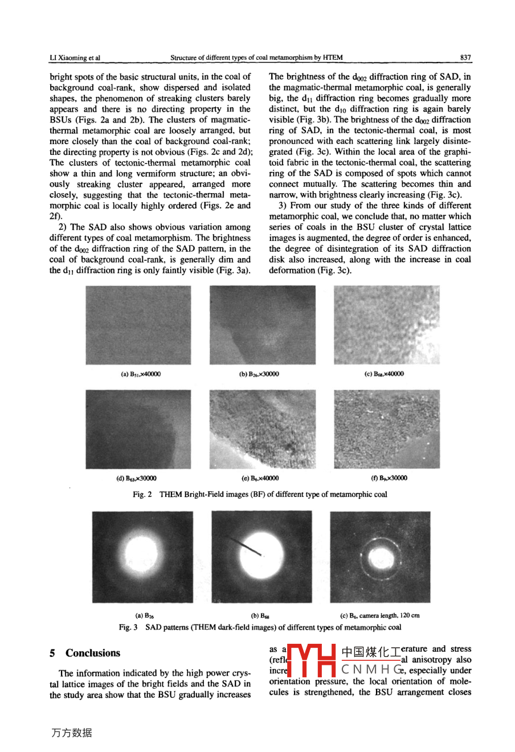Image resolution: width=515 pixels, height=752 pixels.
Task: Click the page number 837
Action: pos(465,58)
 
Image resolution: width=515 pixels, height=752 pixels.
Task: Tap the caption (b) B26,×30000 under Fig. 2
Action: pos(259,374)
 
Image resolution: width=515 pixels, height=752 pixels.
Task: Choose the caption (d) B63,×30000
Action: pos(137,478)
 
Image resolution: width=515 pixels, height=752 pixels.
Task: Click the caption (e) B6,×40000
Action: pos(260,478)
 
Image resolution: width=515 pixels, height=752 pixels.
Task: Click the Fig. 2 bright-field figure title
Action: pos(260,494)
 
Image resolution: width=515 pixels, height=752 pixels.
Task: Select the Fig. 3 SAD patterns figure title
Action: pos(260,627)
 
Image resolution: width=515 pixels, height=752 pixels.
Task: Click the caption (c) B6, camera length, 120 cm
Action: pos(379,615)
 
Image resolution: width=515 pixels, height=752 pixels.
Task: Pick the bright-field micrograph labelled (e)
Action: pos(262,429)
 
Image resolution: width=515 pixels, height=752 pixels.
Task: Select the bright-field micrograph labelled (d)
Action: pos(138,429)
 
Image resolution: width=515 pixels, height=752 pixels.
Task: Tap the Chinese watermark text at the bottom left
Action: pos(72,733)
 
